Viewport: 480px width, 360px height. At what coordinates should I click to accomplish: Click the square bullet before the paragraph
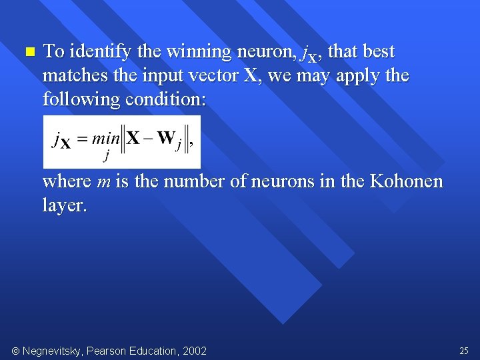coord(27,51)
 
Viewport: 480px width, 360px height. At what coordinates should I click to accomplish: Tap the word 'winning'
coord(199,51)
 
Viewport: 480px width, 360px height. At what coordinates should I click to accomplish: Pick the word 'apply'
coord(359,77)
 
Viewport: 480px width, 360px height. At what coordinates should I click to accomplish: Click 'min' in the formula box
coord(105,139)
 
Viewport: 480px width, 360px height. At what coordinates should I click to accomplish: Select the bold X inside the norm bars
coord(133,138)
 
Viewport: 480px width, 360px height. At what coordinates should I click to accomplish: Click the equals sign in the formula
coord(82,139)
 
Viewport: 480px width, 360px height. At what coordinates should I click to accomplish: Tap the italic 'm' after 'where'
coord(103,182)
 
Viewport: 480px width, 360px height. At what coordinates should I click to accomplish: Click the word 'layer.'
coord(65,205)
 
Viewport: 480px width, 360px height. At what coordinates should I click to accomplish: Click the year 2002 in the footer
coord(195,351)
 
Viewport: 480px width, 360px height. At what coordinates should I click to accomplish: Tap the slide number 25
coord(464,351)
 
